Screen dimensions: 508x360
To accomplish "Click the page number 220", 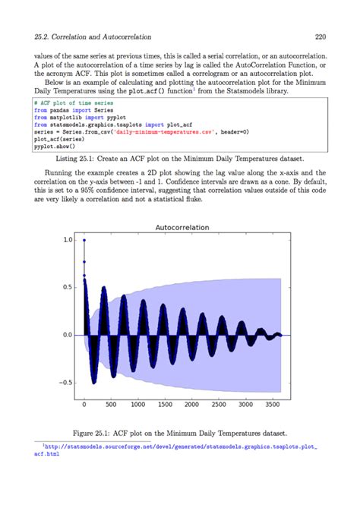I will click(x=320, y=36).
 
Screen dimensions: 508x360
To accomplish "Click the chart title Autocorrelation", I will click(x=182, y=227).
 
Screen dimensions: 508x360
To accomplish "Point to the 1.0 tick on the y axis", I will click(x=68, y=240).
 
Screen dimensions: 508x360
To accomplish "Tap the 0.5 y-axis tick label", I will click(x=68, y=287).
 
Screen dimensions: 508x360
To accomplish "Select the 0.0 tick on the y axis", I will click(x=68, y=335).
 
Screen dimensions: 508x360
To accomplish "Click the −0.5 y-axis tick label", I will click(x=65, y=382).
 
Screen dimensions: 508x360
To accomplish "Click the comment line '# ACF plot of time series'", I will click(x=73, y=102).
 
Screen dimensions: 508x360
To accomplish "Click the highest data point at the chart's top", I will click(x=84, y=240).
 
